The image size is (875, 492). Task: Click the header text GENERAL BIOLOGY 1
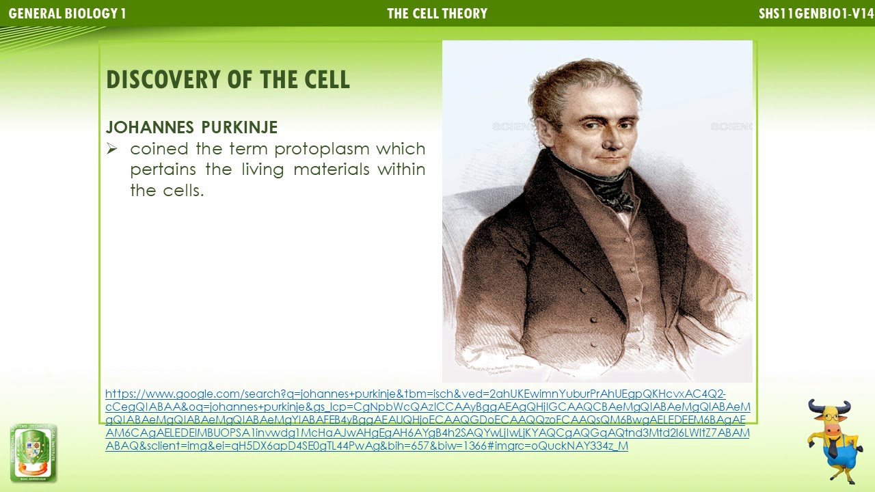67,14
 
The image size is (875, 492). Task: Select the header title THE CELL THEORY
437,14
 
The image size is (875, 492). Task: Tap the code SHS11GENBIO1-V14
816,14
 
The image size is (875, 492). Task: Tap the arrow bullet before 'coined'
112,149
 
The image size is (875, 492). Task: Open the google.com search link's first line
415,394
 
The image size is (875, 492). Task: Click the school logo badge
33,453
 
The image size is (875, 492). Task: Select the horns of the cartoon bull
829,409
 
